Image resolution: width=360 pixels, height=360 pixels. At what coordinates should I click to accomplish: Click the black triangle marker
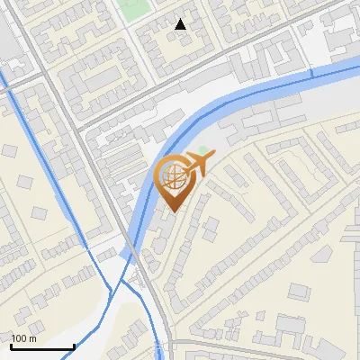pyautogui.click(x=181, y=24)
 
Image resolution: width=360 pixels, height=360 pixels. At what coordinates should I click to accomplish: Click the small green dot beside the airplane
pyautogui.click(x=203, y=150)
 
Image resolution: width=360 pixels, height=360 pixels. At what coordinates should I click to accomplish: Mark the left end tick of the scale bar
pyautogui.click(x=11, y=346)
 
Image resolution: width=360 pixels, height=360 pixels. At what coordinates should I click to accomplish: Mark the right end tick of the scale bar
pyautogui.click(x=73, y=346)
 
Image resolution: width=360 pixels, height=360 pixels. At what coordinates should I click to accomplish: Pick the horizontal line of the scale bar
pyautogui.click(x=41, y=347)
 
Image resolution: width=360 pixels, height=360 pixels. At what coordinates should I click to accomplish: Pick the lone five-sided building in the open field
pyautogui.click(x=39, y=212)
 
